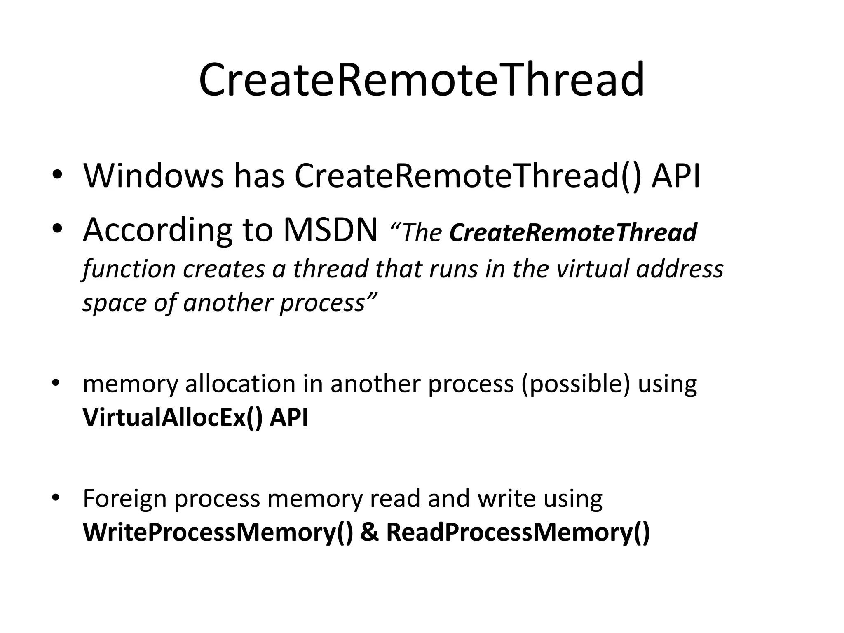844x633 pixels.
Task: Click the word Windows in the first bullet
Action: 153,176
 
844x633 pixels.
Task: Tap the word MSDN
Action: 330,230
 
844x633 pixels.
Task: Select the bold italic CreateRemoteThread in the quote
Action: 573,232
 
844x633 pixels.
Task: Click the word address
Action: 680,269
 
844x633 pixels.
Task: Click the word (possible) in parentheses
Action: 575,384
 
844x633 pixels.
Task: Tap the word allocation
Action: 240,384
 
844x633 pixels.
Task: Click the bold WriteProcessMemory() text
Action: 218,532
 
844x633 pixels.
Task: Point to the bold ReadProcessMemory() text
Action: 518,532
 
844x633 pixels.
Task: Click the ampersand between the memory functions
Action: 369,532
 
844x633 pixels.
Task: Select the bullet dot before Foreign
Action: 56,497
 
